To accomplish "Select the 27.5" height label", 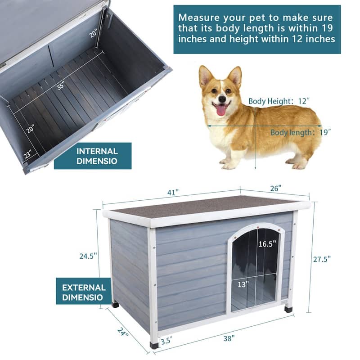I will coord(322,259).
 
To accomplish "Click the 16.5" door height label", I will coord(267,244).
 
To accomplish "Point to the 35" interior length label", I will coord(61,85).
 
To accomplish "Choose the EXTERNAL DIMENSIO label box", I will coord(84,292).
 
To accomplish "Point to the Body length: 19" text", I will coord(301,132).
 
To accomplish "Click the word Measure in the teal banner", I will coord(198,18).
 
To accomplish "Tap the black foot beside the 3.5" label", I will coord(154,346).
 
